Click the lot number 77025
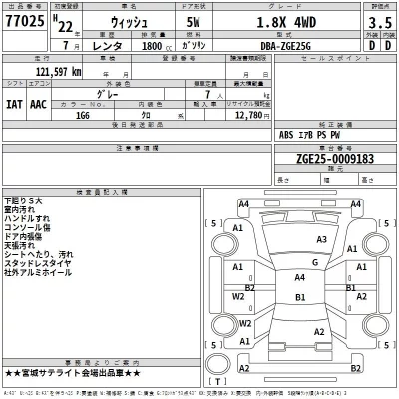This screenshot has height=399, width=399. click(24, 22)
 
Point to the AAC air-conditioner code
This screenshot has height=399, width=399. click(39, 102)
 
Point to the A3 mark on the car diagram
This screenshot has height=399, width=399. click(322, 240)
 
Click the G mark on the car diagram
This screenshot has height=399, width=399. click(313, 262)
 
